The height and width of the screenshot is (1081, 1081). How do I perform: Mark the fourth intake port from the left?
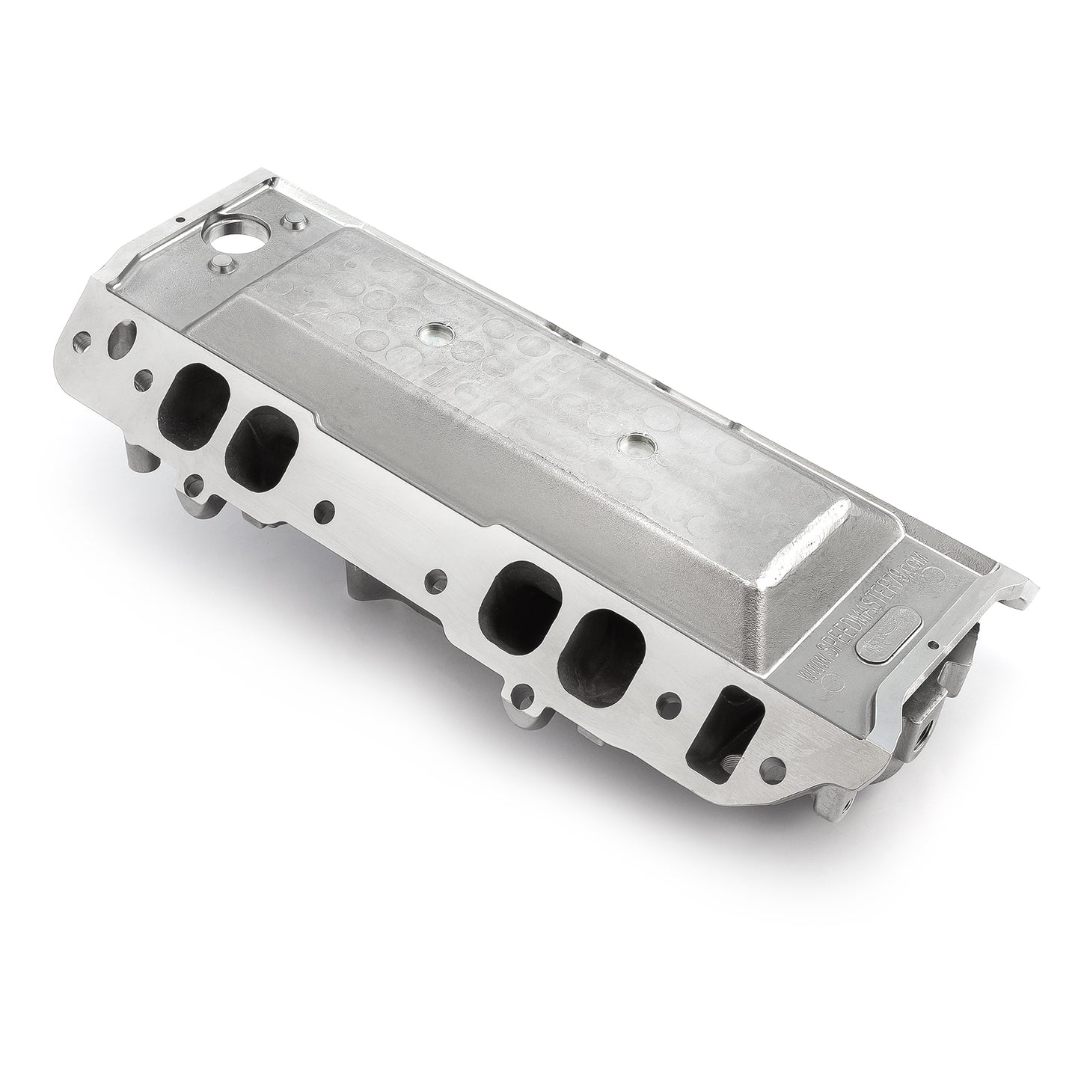coord(602,651)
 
